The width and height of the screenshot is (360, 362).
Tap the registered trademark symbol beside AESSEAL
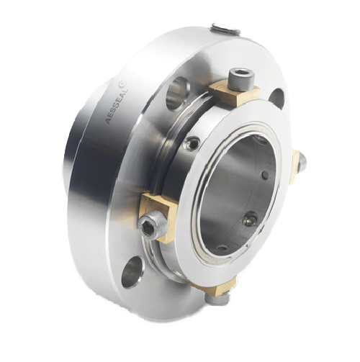122,84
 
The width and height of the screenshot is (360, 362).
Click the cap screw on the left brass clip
151,225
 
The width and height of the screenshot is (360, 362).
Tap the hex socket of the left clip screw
146,227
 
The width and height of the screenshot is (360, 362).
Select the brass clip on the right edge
296,168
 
